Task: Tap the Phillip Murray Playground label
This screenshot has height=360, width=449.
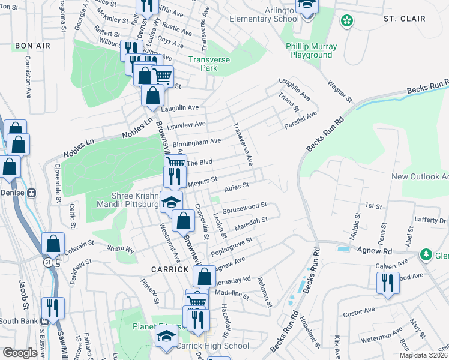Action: (x=312, y=50)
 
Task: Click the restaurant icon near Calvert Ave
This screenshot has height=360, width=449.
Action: (x=388, y=282)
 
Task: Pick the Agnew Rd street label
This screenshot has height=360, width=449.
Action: (x=375, y=251)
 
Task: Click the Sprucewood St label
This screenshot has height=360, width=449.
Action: (x=244, y=208)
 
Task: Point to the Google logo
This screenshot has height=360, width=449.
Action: (x=20, y=353)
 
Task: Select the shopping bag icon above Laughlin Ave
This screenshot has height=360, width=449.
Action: (x=154, y=95)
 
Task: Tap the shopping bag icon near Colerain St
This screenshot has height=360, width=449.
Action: (x=53, y=244)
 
